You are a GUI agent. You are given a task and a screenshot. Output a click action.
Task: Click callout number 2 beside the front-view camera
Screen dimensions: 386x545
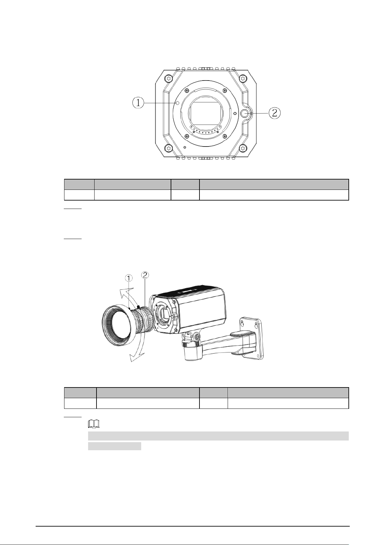coord(275,113)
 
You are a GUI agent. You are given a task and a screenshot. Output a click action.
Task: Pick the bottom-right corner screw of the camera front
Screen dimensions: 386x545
coord(243,148)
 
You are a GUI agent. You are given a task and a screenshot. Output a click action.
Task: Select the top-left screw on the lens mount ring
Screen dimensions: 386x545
coord(186,91)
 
